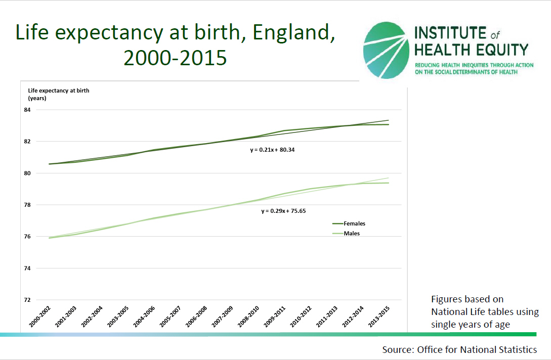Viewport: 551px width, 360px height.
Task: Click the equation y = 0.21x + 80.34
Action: pos(272,150)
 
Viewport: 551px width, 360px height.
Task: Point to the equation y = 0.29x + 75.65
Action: pos(283,211)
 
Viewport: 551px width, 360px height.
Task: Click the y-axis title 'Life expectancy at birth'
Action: pos(59,91)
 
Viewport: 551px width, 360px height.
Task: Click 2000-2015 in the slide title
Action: pos(175,58)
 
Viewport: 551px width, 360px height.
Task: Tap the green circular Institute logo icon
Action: pos(386,51)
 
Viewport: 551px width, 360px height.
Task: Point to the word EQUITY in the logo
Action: pos(501,50)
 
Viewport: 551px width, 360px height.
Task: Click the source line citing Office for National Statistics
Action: pos(459,349)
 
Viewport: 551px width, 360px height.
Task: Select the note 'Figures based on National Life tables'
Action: pos(484,311)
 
